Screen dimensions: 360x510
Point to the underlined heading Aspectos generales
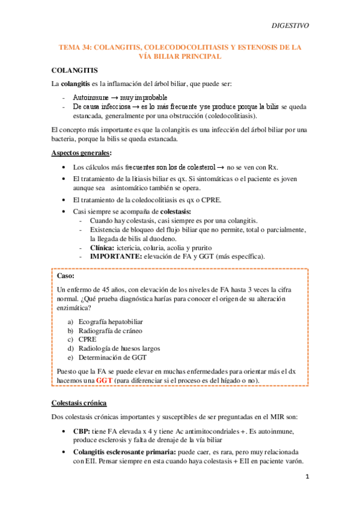pyautogui.click(x=81, y=153)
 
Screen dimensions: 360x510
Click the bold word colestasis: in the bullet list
pyautogui.click(x=173, y=211)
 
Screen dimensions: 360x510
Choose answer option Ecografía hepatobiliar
pyautogui.click(x=111, y=322)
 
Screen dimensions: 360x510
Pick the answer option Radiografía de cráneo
pyautogui.click(x=110, y=330)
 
